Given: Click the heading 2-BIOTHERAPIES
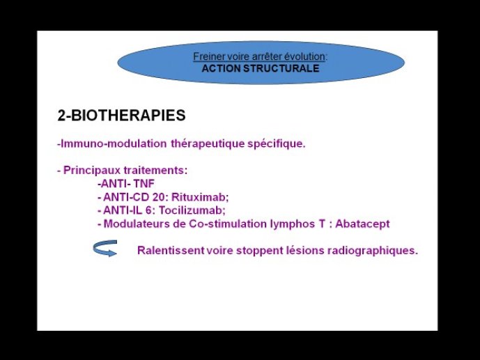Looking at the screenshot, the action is tap(121, 116).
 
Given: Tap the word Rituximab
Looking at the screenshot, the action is tap(200, 197).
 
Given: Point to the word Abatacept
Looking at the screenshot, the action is tap(362, 224).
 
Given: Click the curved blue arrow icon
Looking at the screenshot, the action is tap(105, 248).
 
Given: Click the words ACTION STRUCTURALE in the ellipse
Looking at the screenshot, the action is tap(261, 68).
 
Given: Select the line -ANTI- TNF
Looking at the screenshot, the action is tap(126, 184).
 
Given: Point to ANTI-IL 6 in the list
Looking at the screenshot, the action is tap(126, 210).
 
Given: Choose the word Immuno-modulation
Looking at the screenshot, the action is tap(112, 143).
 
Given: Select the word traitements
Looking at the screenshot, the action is tap(155, 171).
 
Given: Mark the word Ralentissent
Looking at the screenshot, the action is tap(171, 250).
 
